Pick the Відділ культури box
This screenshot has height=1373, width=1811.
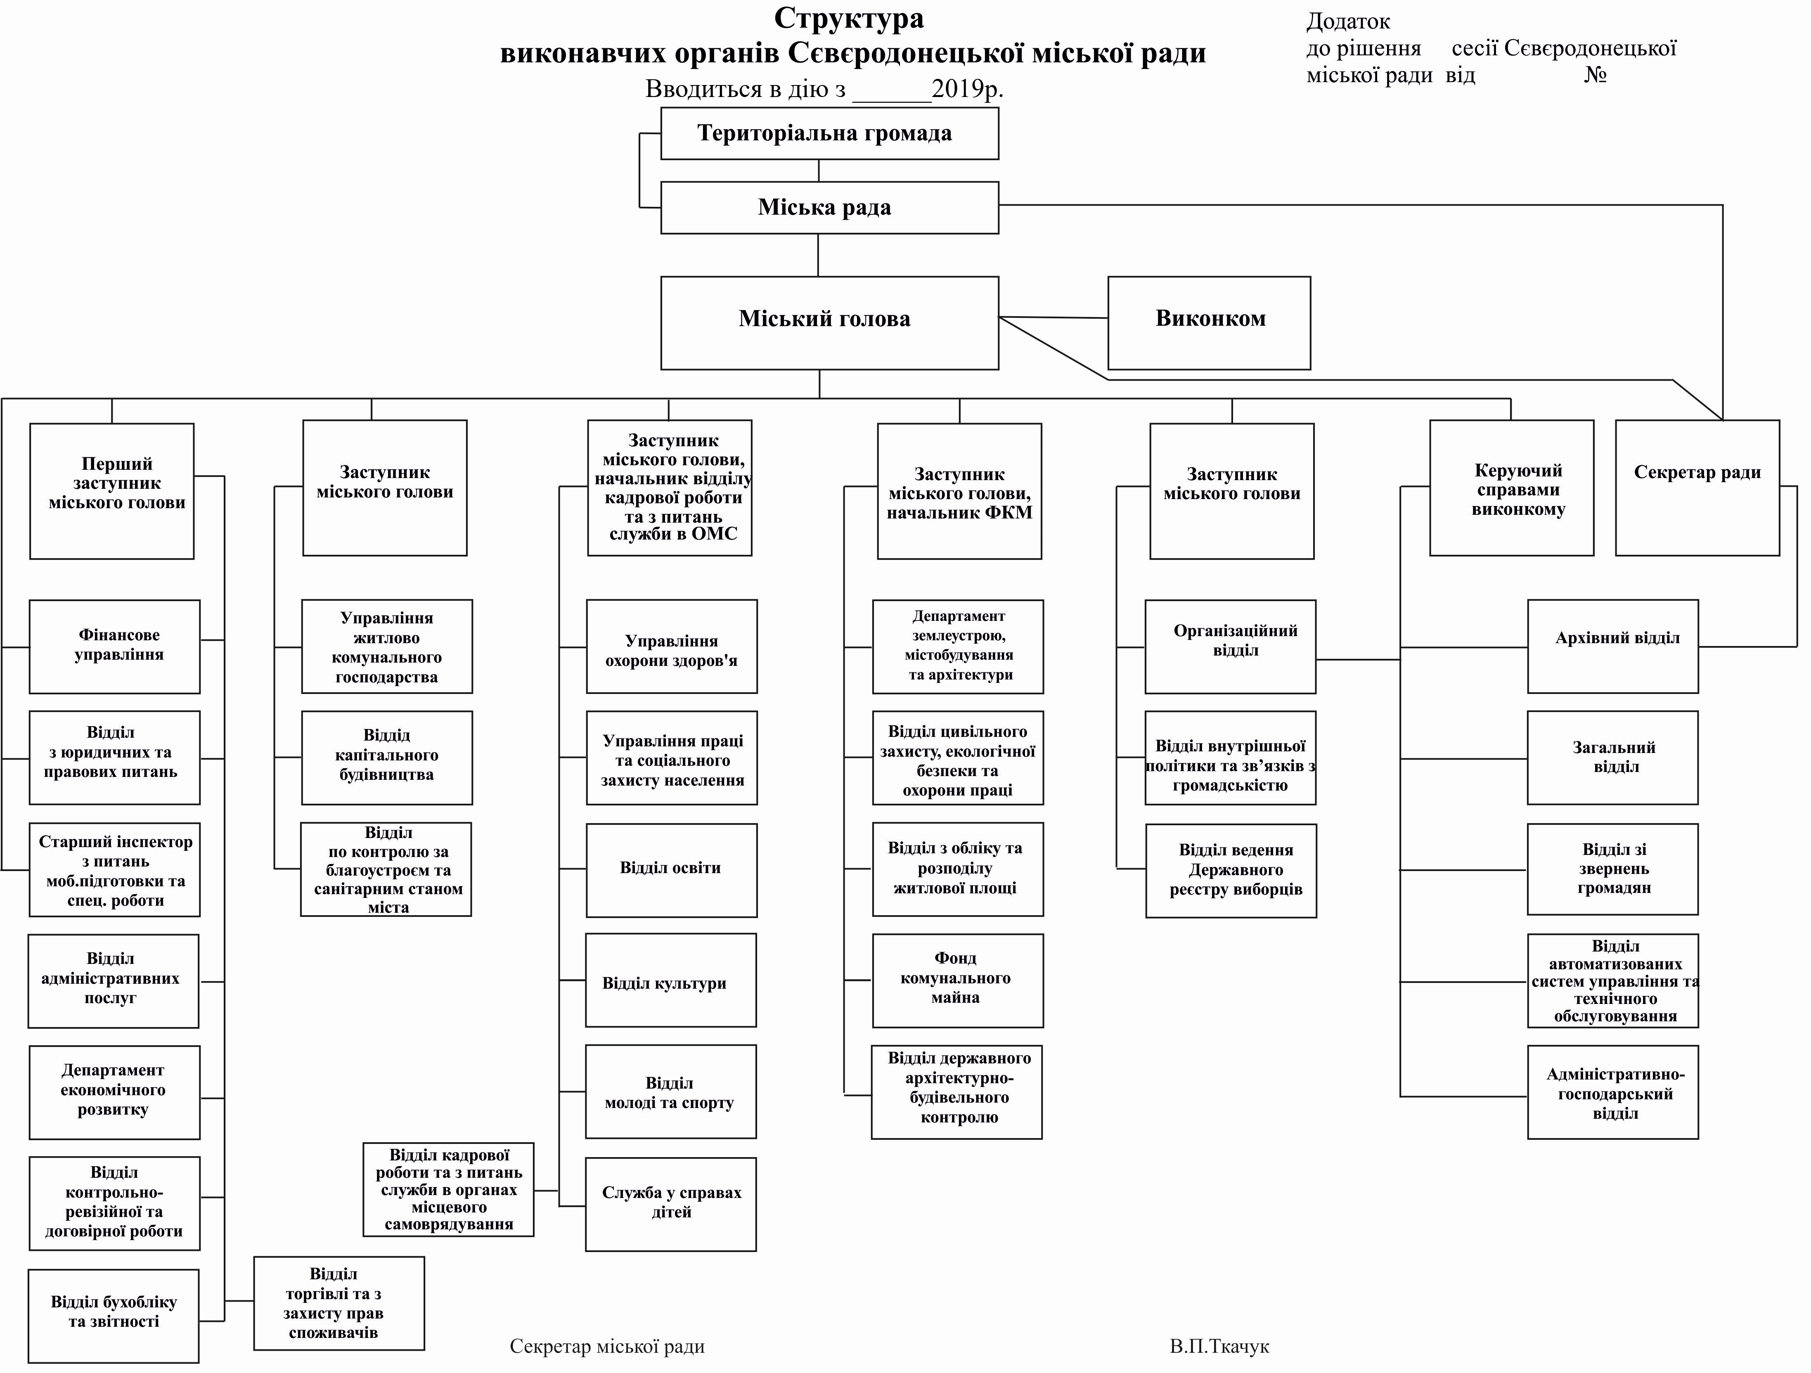[670, 981]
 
